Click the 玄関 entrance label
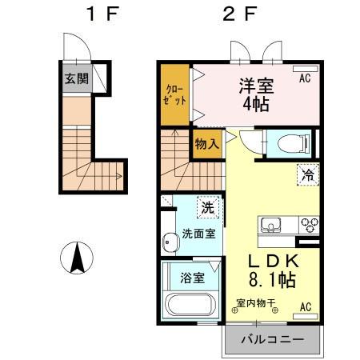point(74,79)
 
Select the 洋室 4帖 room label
point(254,94)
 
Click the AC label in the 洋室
point(305,79)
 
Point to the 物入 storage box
point(206,146)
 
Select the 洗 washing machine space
point(208,207)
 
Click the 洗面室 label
point(198,235)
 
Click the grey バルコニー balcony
point(272,339)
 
